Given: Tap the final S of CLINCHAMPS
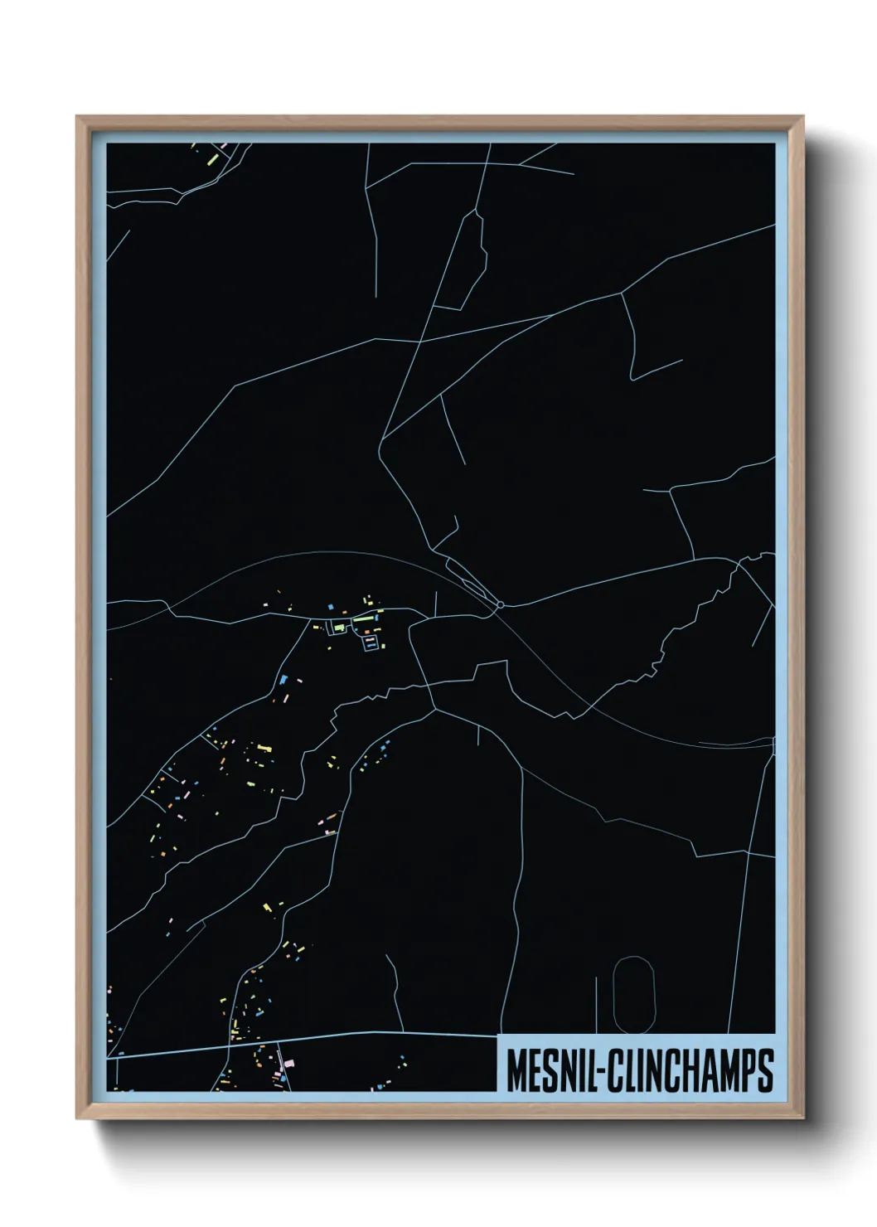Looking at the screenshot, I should pos(764,1071).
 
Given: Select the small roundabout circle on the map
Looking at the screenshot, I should pos(499,604).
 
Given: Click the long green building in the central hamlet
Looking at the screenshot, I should pos(364,619).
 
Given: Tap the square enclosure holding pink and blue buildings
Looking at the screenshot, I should pos(371,641).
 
